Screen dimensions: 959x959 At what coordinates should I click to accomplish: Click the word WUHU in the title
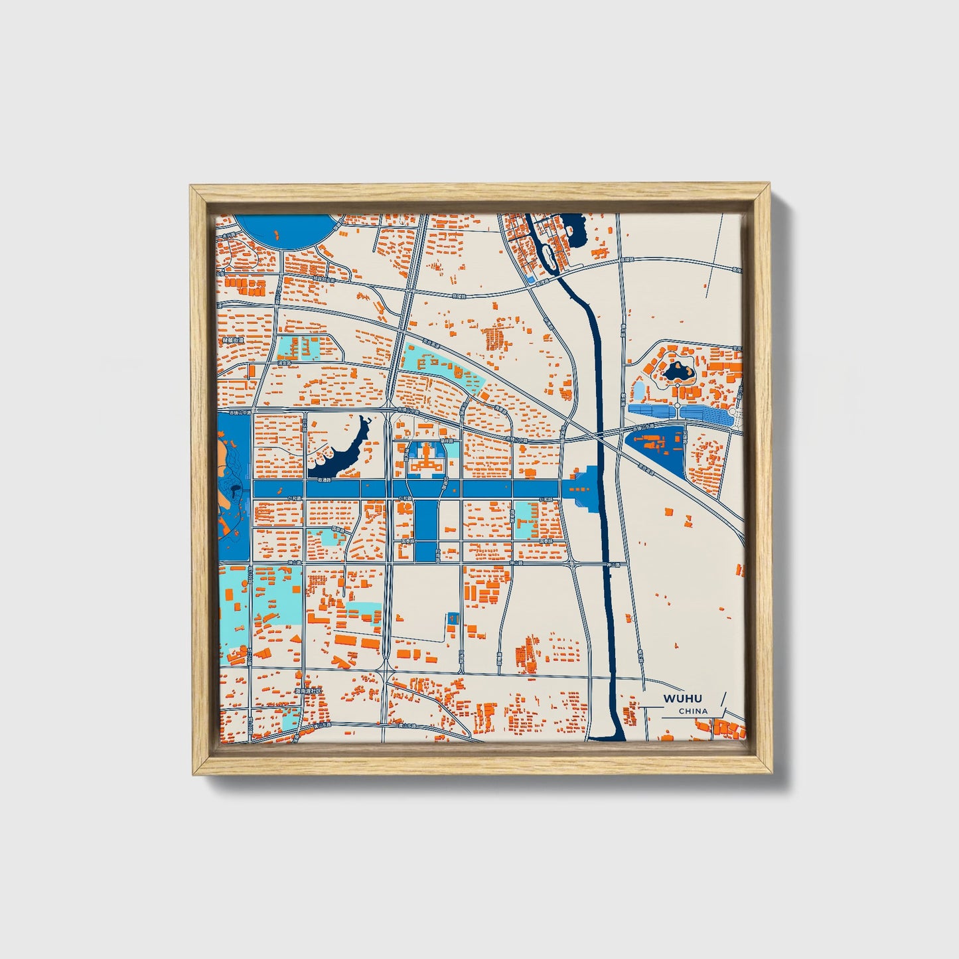coord(682,699)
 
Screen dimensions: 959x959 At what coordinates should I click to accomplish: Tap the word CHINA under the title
coord(693,711)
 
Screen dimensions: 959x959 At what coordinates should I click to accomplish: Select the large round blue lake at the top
coord(284,230)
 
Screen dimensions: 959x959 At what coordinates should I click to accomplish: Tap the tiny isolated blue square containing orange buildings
coord(453,618)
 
